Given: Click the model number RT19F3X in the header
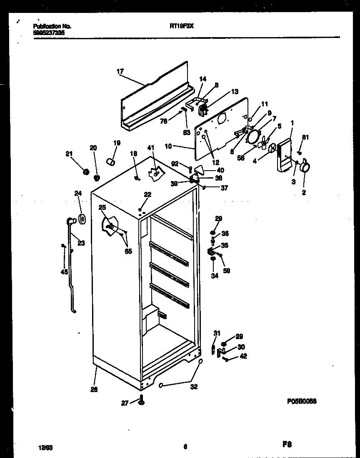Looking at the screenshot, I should (x=182, y=25).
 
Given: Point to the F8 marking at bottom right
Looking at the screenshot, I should (x=286, y=445).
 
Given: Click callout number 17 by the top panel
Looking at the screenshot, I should (x=120, y=72).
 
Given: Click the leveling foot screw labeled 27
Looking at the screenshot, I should (x=141, y=402).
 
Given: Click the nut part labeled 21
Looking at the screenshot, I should (x=87, y=171).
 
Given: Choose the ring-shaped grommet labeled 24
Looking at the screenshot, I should (x=81, y=219).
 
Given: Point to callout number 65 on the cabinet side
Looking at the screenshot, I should (x=128, y=251).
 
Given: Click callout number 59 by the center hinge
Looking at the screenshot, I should (x=227, y=270).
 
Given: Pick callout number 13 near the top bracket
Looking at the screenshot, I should (x=235, y=92).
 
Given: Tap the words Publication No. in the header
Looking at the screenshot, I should (x=52, y=26).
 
